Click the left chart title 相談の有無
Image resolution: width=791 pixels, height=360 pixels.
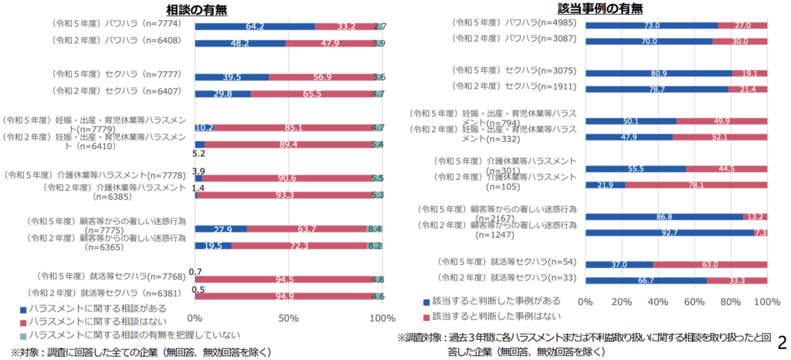(x=201, y=9)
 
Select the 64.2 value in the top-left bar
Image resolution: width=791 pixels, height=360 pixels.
(x=256, y=26)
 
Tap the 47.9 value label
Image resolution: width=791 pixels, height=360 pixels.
(x=329, y=43)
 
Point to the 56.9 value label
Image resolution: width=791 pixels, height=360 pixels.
(x=322, y=77)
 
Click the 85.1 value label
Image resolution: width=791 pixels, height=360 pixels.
(x=294, y=128)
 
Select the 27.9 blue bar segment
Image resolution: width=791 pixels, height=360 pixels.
(x=221, y=229)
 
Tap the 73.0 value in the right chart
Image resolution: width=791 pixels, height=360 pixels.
(x=652, y=25)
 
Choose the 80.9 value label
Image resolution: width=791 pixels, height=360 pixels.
(x=659, y=74)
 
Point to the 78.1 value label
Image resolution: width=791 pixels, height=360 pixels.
(x=697, y=185)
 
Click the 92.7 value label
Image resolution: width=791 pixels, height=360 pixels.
(x=669, y=232)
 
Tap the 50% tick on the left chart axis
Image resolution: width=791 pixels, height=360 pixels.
(x=289, y=318)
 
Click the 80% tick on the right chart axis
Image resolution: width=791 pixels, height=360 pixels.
(x=731, y=301)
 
